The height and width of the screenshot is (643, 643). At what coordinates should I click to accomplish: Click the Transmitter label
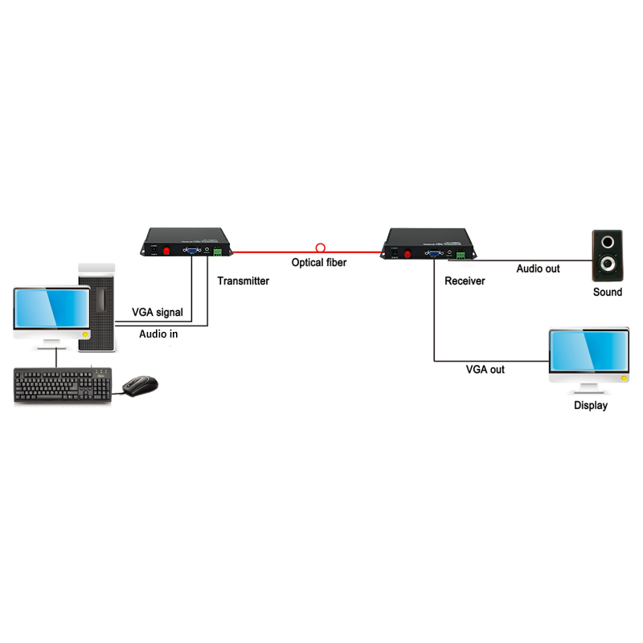point(243,281)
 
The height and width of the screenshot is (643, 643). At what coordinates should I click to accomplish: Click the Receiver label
point(465,281)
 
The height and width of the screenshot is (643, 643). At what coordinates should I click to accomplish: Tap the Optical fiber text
point(319,263)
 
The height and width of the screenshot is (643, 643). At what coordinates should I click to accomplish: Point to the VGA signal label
point(158,312)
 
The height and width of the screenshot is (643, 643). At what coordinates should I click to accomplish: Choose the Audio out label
point(538,268)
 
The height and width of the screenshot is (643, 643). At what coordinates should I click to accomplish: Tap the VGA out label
point(485,370)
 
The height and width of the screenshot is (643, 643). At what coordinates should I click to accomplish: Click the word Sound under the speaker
point(608,292)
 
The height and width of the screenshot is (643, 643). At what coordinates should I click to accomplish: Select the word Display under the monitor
point(591,405)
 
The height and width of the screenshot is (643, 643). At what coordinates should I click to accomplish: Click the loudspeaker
point(607,253)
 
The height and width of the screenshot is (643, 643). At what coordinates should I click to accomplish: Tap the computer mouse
point(141,385)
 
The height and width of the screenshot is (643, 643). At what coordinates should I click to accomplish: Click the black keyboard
point(61,386)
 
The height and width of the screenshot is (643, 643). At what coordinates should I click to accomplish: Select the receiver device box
point(428,244)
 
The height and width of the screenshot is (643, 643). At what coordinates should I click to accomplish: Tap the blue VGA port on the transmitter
point(193,251)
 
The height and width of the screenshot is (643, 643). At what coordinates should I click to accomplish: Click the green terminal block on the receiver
point(462,255)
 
